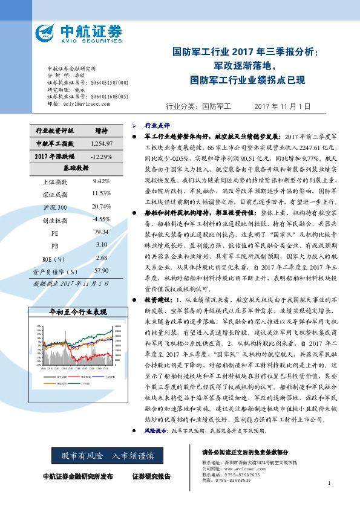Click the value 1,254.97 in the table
point(101,143)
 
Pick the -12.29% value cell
point(101,157)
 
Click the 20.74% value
point(101,207)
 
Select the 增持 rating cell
point(101,131)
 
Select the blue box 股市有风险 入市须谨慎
point(104,455)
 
